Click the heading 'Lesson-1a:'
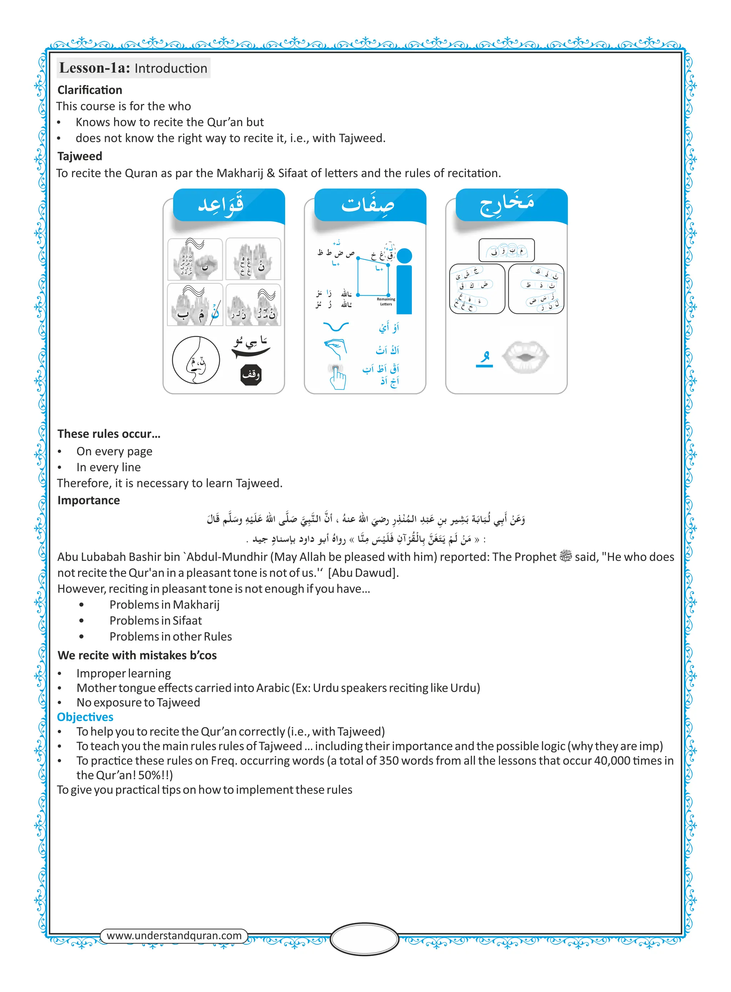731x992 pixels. coord(94,68)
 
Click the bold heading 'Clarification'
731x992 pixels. coord(90,90)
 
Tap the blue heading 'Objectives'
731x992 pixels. coord(85,717)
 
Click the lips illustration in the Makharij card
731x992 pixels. coord(526,357)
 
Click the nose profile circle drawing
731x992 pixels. coord(196,360)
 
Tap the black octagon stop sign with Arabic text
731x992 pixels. coord(251,374)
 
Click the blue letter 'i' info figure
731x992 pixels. coord(404,283)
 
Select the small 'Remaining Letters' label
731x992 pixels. coord(386,301)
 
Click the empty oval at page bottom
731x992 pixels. coord(365,938)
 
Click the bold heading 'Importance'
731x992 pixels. coord(89,500)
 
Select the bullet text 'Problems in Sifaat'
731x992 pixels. coord(155,620)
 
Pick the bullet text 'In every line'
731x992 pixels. coord(109,467)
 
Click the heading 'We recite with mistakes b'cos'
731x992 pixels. coord(137,655)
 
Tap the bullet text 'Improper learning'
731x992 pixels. coord(123,674)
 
